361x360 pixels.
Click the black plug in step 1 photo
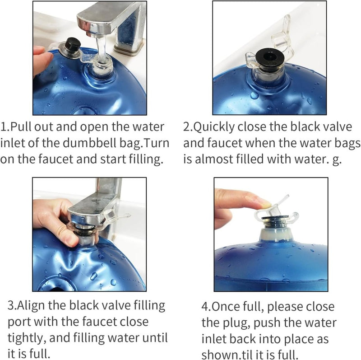pos(73,45)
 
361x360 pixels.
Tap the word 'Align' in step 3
pos(31,306)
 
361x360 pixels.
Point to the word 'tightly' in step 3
pos(25,338)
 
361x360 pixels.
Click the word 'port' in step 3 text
pos(19,323)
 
